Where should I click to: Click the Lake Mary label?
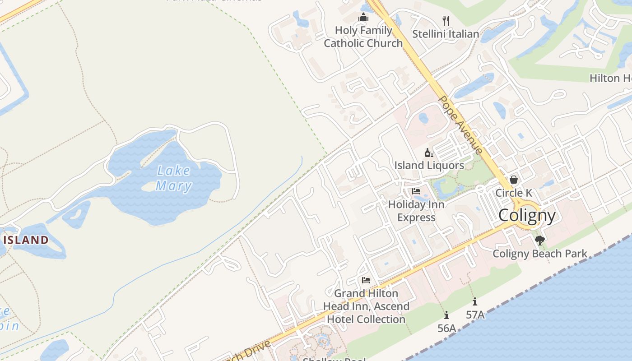coord(174,178)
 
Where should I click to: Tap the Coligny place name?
coord(527,215)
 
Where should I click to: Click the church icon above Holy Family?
coord(363,18)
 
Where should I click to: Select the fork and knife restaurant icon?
coord(446,20)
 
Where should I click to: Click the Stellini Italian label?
coord(446,34)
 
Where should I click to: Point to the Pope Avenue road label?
coord(461,125)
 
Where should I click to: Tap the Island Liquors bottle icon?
coord(429,153)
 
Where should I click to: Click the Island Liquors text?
coord(429,165)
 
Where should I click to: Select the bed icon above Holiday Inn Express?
coord(416,191)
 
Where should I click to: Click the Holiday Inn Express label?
coord(416,211)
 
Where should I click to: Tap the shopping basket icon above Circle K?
coord(513,180)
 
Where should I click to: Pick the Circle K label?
coord(514,193)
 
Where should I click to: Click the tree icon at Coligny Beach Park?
coord(539,240)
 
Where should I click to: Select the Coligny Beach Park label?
coord(540,254)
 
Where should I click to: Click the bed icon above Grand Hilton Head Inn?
coord(366,280)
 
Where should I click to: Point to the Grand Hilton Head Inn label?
coord(366,306)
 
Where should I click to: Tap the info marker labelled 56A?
coord(446,315)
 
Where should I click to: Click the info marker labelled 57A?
coord(475,301)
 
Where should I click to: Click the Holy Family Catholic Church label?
coord(363,37)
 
